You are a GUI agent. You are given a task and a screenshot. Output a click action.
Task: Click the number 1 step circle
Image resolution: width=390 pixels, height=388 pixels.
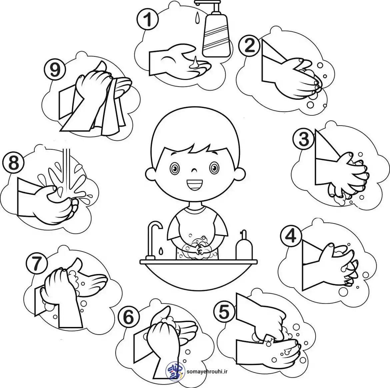(x=148, y=20)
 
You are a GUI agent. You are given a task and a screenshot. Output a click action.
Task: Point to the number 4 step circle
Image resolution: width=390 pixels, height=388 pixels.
(x=291, y=236)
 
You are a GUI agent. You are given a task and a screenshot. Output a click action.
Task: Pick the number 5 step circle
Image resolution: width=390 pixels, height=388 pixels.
(x=224, y=312)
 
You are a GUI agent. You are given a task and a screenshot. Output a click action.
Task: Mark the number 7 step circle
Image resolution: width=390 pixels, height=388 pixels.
(x=37, y=263)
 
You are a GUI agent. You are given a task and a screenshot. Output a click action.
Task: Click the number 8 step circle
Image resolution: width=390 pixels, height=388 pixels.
(x=13, y=163)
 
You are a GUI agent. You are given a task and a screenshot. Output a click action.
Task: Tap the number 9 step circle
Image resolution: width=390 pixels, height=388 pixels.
(x=55, y=69)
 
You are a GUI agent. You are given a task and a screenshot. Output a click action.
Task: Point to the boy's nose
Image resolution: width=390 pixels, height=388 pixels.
(x=194, y=171)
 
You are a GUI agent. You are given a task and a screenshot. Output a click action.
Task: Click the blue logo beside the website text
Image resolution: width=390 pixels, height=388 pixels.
(x=175, y=372)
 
